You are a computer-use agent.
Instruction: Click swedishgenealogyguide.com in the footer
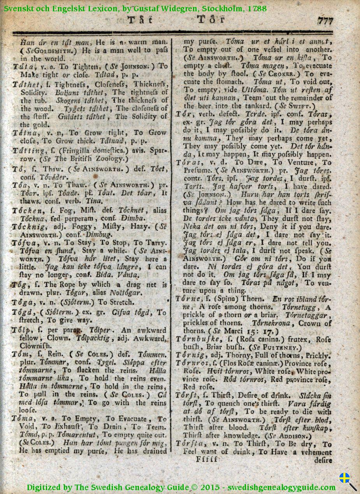point(281,487)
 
